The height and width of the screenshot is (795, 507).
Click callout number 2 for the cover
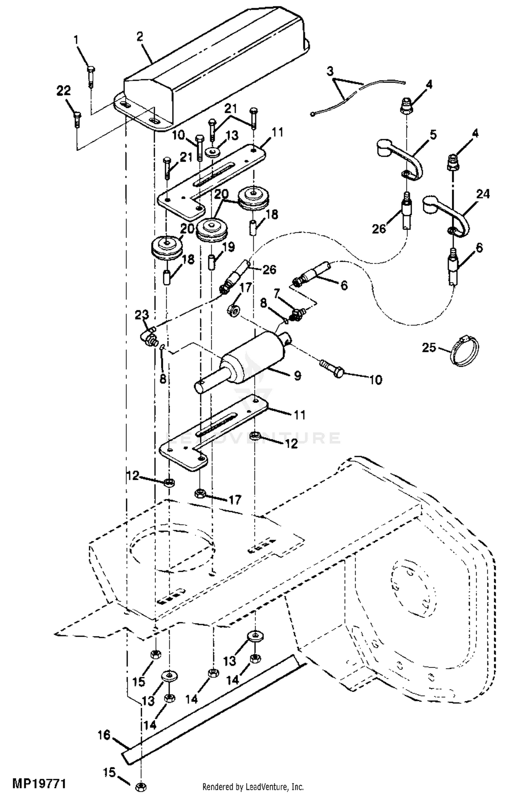click(x=140, y=37)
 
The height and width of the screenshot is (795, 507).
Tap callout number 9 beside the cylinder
click(x=297, y=375)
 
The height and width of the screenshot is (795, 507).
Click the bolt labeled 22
click(x=77, y=120)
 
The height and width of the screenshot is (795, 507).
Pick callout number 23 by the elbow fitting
click(x=142, y=315)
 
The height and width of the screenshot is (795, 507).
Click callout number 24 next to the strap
click(x=483, y=194)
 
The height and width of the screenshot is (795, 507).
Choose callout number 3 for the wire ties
click(x=330, y=71)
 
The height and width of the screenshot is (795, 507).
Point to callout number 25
click(x=429, y=347)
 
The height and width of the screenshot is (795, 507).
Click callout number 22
click(x=64, y=91)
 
